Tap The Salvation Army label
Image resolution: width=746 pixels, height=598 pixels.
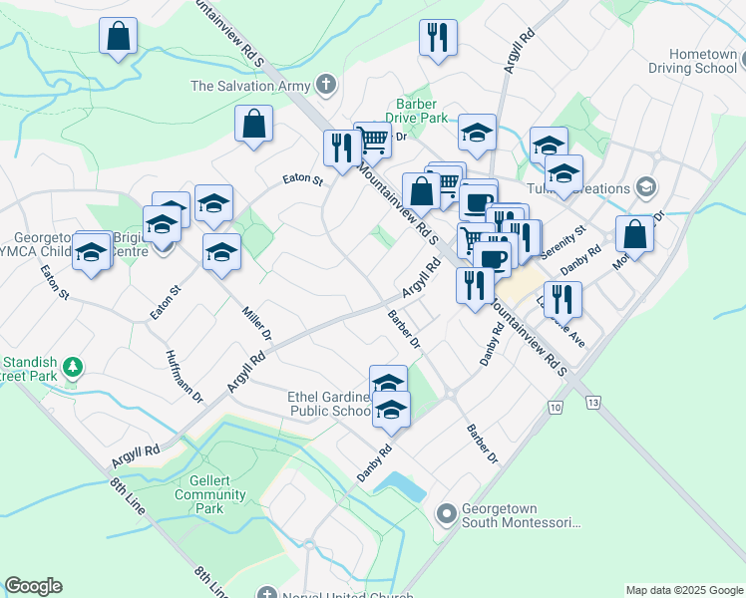pyautogui.click(x=250, y=86)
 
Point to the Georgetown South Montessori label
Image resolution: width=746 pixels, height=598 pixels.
pyautogui.click(x=521, y=515)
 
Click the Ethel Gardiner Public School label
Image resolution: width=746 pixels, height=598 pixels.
pyautogui.click(x=329, y=404)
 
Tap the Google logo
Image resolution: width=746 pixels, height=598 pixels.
pyautogui.click(x=33, y=586)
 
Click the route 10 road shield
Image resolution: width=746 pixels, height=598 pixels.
pyautogui.click(x=555, y=408)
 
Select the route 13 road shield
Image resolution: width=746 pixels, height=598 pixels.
pyautogui.click(x=594, y=403)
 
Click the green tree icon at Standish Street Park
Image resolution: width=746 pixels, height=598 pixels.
pyautogui.click(x=72, y=368)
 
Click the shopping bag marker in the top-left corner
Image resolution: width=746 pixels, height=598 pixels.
pyautogui.click(x=118, y=38)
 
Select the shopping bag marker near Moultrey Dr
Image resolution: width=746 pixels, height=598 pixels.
pyautogui.click(x=634, y=235)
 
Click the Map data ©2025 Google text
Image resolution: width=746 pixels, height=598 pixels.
pyautogui.click(x=683, y=590)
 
